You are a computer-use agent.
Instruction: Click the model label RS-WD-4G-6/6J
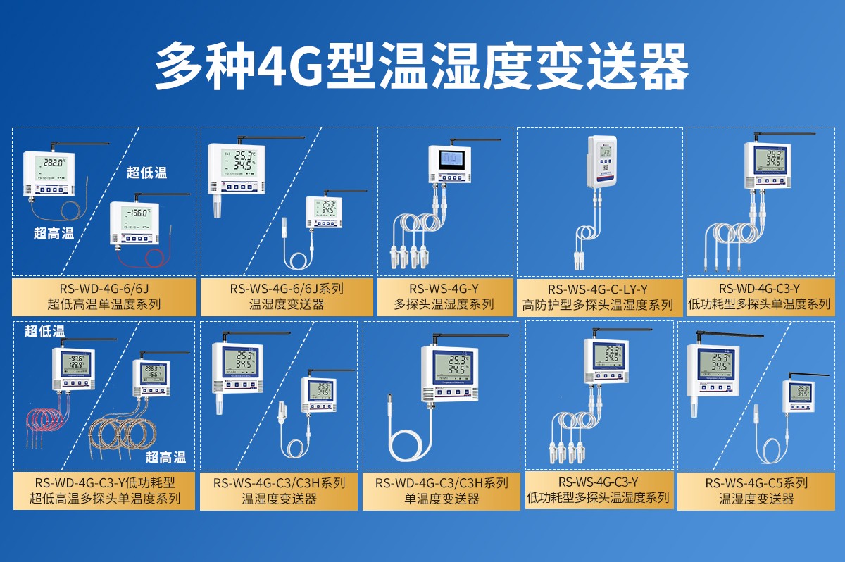tap(104, 289)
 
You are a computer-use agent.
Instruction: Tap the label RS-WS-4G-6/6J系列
tap(287, 289)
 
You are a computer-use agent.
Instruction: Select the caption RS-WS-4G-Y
tap(444, 289)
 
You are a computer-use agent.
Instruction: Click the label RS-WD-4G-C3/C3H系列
tap(442, 483)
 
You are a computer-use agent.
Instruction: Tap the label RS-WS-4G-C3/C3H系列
tap(280, 483)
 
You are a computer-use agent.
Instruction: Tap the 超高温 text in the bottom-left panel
tap(166, 457)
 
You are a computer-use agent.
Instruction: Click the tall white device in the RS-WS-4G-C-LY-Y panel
tap(601, 163)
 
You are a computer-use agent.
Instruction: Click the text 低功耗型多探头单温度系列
tap(759, 305)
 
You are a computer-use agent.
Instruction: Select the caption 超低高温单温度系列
tap(104, 305)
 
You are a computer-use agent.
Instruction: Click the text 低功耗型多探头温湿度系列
tap(598, 498)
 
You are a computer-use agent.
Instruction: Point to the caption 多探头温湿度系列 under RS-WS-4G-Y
tap(444, 305)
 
